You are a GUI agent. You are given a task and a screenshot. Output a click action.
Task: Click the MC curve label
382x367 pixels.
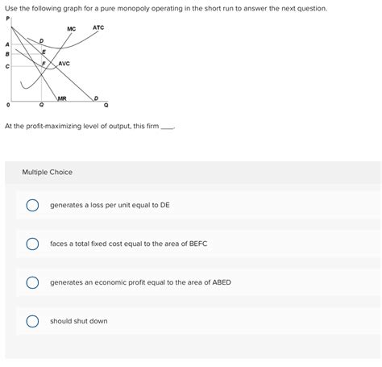[72, 29]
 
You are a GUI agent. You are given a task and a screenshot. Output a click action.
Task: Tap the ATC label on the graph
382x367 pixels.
[98, 27]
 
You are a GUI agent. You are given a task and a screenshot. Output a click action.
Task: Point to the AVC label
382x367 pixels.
[64, 64]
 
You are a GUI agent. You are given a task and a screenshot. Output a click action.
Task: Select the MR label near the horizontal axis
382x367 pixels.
[62, 98]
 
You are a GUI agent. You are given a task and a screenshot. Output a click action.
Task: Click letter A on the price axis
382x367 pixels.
[7, 44]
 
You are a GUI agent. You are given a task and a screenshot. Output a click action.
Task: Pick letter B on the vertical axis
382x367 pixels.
[7, 54]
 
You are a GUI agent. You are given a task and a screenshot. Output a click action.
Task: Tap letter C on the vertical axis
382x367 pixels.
[7, 66]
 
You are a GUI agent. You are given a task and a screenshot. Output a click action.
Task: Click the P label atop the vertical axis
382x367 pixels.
[7, 19]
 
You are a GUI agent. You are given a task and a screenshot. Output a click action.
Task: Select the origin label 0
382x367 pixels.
[8, 105]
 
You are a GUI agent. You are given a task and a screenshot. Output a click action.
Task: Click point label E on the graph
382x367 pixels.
[44, 52]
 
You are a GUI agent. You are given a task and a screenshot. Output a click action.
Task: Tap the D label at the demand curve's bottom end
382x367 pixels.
[96, 98]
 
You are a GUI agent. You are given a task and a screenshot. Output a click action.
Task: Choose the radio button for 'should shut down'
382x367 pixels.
[32, 321]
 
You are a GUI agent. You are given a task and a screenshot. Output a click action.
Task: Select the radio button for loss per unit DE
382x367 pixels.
[32, 205]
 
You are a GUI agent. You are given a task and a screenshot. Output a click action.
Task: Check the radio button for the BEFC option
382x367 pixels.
[32, 244]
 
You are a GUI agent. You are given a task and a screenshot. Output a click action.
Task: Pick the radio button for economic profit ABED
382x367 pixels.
[32, 282]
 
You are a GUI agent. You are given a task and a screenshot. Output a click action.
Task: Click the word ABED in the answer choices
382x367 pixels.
[222, 282]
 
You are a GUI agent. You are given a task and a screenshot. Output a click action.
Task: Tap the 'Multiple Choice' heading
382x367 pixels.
[48, 172]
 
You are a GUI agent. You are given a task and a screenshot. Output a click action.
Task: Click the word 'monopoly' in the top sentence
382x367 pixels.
[133, 9]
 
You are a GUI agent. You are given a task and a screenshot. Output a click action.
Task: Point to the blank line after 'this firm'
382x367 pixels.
[168, 128]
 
